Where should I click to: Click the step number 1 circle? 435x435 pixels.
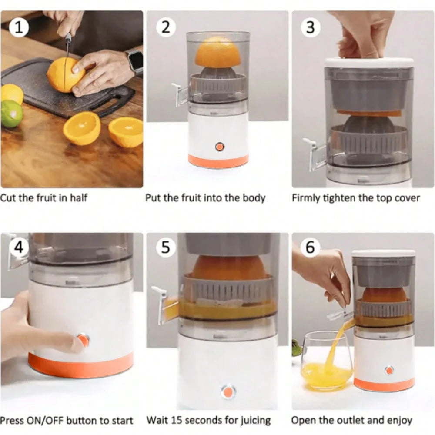[19, 27]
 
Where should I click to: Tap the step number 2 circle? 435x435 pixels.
[165, 27]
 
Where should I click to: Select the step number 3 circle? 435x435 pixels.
[311, 27]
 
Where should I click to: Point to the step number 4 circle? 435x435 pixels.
[19, 247]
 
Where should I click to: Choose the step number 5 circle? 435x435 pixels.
[165, 247]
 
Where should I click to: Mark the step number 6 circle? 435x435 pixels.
[311, 247]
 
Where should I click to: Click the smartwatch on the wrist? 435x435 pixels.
[135, 61]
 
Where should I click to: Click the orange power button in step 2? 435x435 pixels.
[220, 147]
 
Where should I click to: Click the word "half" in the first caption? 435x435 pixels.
[78, 198]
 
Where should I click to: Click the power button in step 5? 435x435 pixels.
[228, 392]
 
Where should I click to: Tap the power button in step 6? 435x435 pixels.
[389, 370]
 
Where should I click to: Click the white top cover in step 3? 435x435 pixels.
[369, 62]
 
